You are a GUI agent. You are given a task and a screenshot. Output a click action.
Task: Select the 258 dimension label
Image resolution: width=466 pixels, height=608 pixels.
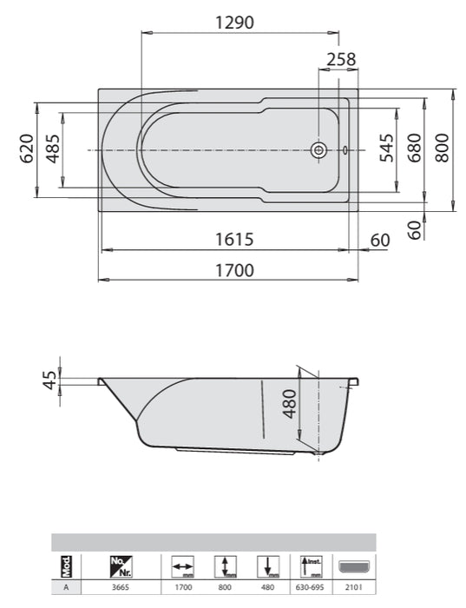coord(341,60)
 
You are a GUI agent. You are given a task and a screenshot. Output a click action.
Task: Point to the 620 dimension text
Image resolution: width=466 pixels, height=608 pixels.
coord(27,149)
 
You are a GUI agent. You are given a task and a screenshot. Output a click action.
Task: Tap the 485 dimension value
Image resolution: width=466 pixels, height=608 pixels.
coord(53,149)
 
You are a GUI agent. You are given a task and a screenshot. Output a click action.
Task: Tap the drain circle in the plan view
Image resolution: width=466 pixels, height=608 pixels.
coord(319,150)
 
